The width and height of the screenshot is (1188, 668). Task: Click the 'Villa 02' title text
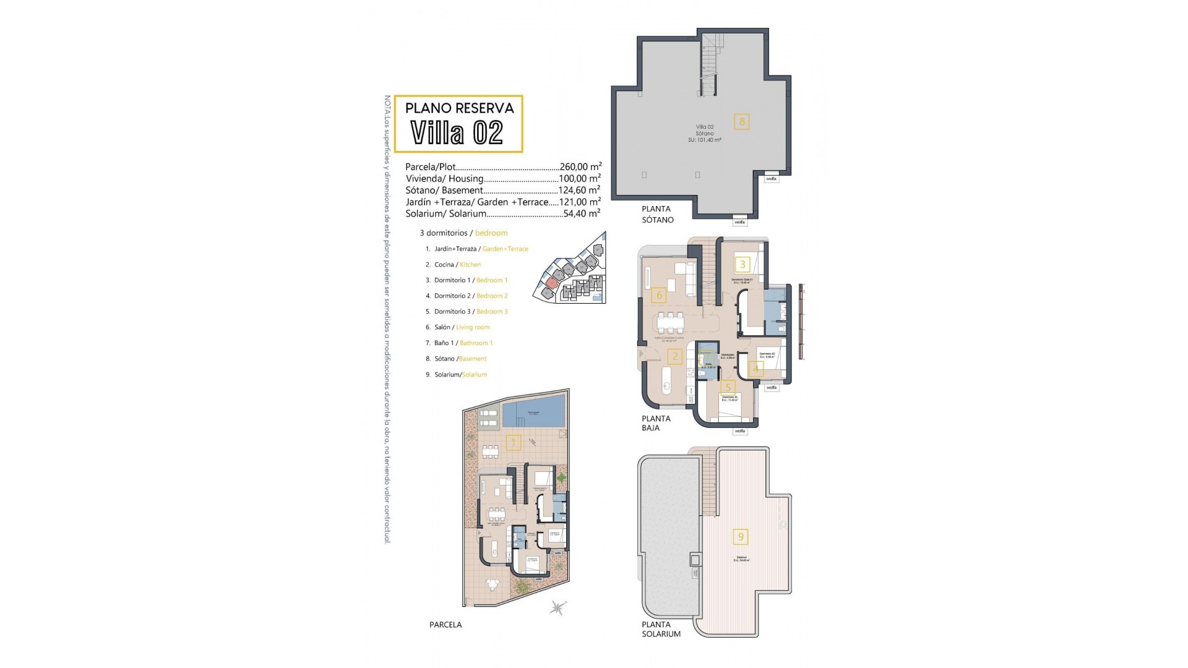pyautogui.click(x=457, y=133)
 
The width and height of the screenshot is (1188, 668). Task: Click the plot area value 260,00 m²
pyautogui.click(x=580, y=166)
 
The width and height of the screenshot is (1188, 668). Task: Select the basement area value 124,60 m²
pyautogui.click(x=580, y=190)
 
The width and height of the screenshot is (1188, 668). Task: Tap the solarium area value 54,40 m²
pyautogui.click(x=582, y=213)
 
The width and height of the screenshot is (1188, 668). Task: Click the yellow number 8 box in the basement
pyautogui.click(x=742, y=121)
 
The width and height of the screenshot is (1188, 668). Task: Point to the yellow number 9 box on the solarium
pyautogui.click(x=741, y=536)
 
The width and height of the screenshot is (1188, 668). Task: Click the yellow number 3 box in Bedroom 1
pyautogui.click(x=742, y=265)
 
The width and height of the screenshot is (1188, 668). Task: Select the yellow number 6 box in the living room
pyautogui.click(x=659, y=295)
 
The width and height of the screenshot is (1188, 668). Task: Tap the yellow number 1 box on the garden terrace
pyautogui.click(x=513, y=442)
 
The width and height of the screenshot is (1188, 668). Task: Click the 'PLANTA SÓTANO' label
pyautogui.click(x=657, y=214)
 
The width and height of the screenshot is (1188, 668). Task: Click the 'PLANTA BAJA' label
pyautogui.click(x=656, y=423)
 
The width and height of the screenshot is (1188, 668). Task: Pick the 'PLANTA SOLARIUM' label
pyautogui.click(x=661, y=629)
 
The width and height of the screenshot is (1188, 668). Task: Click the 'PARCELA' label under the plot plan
pyautogui.click(x=445, y=625)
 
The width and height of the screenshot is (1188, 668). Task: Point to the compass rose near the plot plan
pyautogui.click(x=558, y=607)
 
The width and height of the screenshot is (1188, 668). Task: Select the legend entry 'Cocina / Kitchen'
pyautogui.click(x=457, y=265)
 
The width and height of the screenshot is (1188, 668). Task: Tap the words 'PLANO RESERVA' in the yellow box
pyautogui.click(x=459, y=108)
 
